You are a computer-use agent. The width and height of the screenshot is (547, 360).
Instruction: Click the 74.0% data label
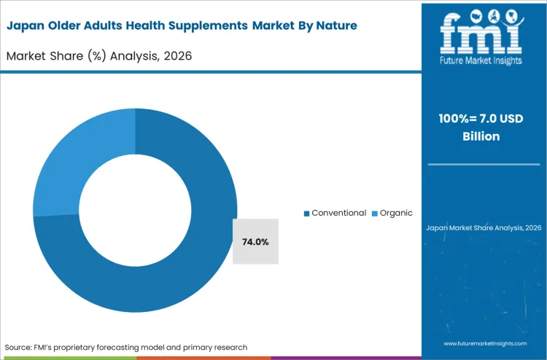tap(255, 241)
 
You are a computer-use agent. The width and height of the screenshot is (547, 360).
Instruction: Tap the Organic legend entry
tap(396, 213)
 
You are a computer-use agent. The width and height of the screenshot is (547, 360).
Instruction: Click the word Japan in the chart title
tap(26, 26)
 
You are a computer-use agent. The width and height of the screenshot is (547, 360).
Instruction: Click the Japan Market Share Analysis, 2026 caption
tap(484, 228)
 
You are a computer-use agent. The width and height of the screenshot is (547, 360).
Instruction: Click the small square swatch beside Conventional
tap(307, 214)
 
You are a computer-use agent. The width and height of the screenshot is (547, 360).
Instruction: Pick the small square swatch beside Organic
tap(374, 214)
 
